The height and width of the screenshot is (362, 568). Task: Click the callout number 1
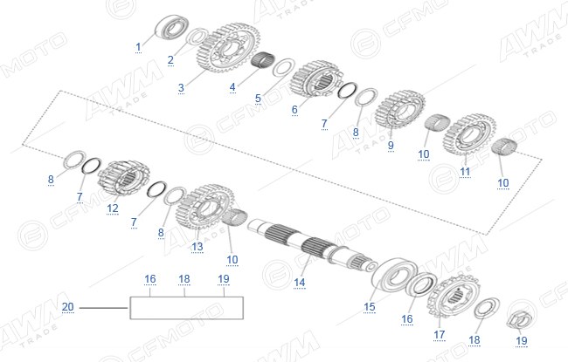138,46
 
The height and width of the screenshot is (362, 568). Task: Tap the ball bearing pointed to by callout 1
171,26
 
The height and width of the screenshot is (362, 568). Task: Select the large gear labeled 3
228,48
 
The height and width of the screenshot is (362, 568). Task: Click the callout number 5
258,98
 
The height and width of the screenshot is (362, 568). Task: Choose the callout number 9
391,145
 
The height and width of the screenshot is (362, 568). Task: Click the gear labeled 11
469,134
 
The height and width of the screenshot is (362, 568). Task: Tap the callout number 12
113,208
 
